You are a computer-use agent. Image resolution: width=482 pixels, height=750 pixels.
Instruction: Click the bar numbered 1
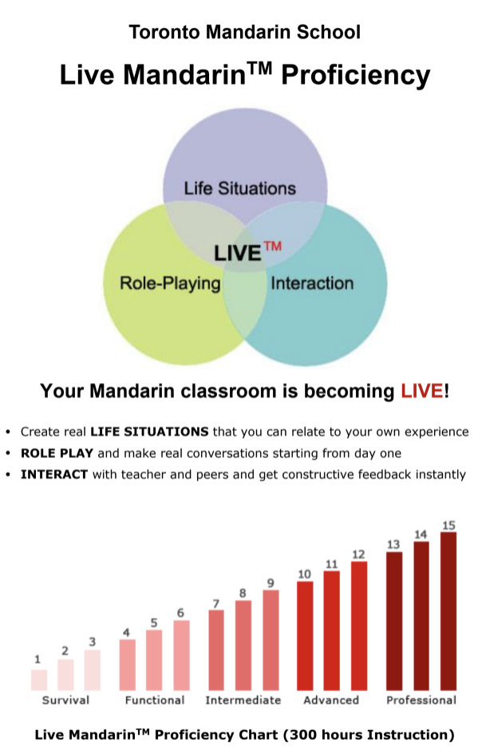coord(39,680)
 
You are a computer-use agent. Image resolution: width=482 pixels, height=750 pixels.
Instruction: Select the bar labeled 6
coord(182,655)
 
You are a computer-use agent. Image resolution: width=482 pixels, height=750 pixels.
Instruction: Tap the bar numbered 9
coord(271,640)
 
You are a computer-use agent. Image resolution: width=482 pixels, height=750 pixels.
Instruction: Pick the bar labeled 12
coord(359,626)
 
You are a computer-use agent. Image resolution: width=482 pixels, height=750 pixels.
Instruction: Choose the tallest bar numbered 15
coord(448,611)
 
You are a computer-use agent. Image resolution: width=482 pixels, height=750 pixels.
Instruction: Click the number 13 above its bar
coord(393,544)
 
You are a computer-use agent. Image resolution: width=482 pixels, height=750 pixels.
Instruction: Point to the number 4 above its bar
coord(126,633)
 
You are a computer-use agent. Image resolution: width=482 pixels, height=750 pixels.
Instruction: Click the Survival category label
coord(65,701)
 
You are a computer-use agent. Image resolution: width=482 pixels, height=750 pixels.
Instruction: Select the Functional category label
coord(155,701)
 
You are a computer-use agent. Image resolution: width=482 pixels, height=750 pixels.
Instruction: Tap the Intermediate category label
coord(243,701)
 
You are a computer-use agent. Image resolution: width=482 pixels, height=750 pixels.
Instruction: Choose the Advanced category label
coord(331,701)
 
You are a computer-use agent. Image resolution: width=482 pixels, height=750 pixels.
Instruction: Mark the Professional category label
coord(421,701)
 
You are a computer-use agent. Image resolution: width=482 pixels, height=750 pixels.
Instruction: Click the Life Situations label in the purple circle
coord(240,188)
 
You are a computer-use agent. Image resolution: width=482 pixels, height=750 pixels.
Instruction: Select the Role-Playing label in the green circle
coord(170,283)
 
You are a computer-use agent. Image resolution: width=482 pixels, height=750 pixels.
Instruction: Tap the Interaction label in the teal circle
coord(312,283)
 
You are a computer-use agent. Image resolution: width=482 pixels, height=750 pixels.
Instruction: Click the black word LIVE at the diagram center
coord(237,253)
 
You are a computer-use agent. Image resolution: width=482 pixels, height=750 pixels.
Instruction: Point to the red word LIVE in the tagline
coord(422,391)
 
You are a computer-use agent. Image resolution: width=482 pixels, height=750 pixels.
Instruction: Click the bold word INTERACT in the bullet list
coord(54,475)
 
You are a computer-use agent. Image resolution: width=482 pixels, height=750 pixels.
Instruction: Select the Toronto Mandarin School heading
coord(245,32)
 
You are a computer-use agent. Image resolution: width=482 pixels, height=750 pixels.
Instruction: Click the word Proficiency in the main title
coord(356,76)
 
